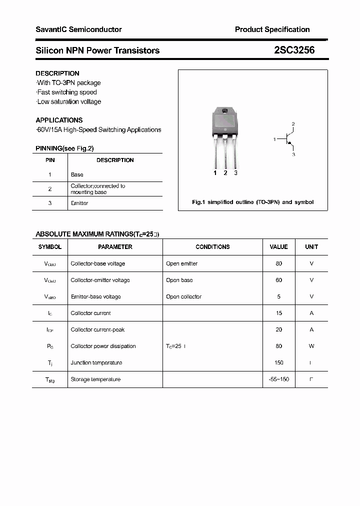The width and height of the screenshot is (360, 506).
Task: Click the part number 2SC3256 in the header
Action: [294, 50]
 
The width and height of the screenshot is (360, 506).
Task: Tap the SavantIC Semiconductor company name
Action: [78, 29]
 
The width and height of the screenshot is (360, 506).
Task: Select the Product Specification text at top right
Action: [272, 29]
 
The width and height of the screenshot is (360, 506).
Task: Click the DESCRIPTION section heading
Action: [57, 73]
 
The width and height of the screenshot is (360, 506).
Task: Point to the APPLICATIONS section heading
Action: [59, 120]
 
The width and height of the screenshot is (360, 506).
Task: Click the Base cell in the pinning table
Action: [77, 174]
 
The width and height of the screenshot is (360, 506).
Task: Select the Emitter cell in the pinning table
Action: [79, 203]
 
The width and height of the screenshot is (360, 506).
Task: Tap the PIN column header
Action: [50, 160]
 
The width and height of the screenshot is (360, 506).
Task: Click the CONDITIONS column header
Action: [212, 246]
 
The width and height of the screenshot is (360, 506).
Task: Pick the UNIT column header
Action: [311, 246]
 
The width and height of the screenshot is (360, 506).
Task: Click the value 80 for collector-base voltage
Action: [278, 263]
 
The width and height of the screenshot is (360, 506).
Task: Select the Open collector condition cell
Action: [183, 296]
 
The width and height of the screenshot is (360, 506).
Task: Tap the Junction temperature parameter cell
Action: [96, 362]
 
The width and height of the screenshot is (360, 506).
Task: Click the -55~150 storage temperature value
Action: [278, 379]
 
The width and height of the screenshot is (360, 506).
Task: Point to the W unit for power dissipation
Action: [311, 346]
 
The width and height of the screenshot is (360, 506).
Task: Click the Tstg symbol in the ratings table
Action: [49, 379]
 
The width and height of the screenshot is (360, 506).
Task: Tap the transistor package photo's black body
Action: [224, 123]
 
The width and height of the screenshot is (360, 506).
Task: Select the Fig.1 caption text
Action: [253, 202]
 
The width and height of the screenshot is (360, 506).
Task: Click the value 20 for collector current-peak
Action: [278, 329]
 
